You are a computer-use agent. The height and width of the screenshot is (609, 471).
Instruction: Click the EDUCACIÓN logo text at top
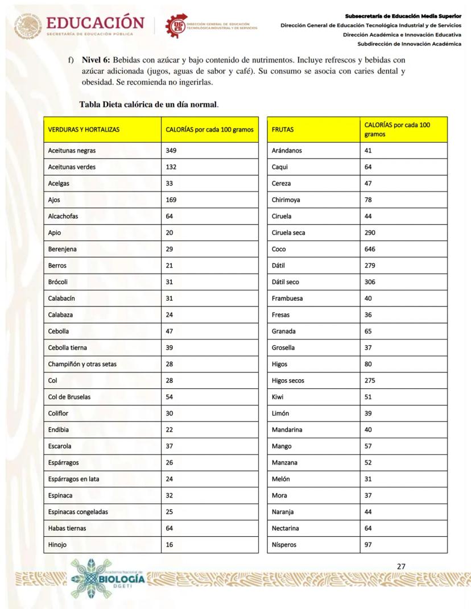(94, 23)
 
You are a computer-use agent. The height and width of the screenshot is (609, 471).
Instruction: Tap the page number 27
(401, 566)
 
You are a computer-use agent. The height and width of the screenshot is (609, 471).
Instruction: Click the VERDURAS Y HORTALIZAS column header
(84, 130)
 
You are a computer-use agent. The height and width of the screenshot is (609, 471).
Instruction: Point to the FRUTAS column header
(283, 130)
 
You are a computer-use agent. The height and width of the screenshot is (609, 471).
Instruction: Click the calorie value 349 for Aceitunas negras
(171, 151)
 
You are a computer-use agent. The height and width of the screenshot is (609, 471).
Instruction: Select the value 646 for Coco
(370, 249)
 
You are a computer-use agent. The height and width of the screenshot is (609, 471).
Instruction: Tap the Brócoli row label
(58, 282)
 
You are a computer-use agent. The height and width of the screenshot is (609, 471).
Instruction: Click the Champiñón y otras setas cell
(82, 364)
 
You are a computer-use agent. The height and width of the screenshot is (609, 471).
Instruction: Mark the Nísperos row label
(284, 545)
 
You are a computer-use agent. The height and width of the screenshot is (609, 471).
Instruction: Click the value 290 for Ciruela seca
(370, 233)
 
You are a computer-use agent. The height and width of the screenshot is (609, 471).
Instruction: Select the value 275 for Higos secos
(370, 380)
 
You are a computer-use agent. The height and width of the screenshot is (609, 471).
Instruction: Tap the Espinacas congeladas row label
(78, 512)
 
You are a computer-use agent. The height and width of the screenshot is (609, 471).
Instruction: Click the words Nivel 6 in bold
(96, 59)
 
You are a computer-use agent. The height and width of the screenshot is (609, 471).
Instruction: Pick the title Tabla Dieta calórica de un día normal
(149, 105)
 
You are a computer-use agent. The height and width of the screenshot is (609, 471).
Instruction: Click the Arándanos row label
(287, 151)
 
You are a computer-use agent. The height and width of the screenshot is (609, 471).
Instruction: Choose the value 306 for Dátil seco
(370, 282)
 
